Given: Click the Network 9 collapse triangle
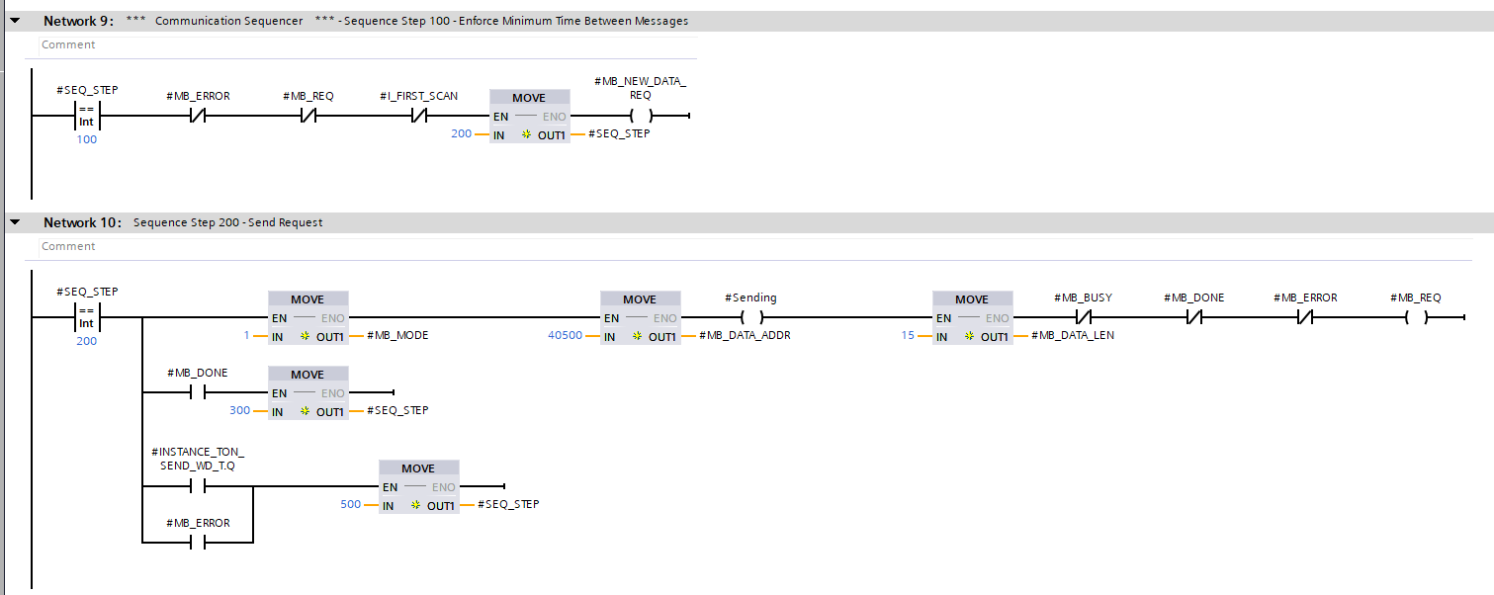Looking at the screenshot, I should [x=15, y=21].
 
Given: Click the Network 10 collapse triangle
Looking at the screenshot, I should [x=15, y=222].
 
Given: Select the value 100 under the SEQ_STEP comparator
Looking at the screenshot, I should [x=87, y=139].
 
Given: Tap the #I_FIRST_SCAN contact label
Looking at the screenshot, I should [x=418, y=96].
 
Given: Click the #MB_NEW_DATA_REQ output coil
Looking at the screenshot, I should [x=640, y=116].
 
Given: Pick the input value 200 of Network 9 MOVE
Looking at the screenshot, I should [x=461, y=133].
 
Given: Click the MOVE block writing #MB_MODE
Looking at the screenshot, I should [x=308, y=317].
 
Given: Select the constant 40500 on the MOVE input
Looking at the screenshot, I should [x=566, y=335].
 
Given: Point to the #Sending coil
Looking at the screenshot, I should [x=750, y=317].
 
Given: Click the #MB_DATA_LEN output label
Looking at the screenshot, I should [x=1073, y=335].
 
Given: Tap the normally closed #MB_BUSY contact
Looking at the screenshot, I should [x=1083, y=317].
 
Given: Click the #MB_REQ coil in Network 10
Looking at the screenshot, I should [x=1415, y=317].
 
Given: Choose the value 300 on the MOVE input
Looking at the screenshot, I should [x=239, y=410].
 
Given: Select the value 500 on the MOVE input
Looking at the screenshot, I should [x=350, y=504].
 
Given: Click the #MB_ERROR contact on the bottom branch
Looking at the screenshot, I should [x=198, y=543].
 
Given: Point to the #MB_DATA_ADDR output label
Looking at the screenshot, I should [x=745, y=335].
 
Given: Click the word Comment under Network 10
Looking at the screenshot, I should [x=68, y=246].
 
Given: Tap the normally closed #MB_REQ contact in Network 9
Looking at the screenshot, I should [x=308, y=116].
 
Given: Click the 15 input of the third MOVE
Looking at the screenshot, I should [x=907, y=335].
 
